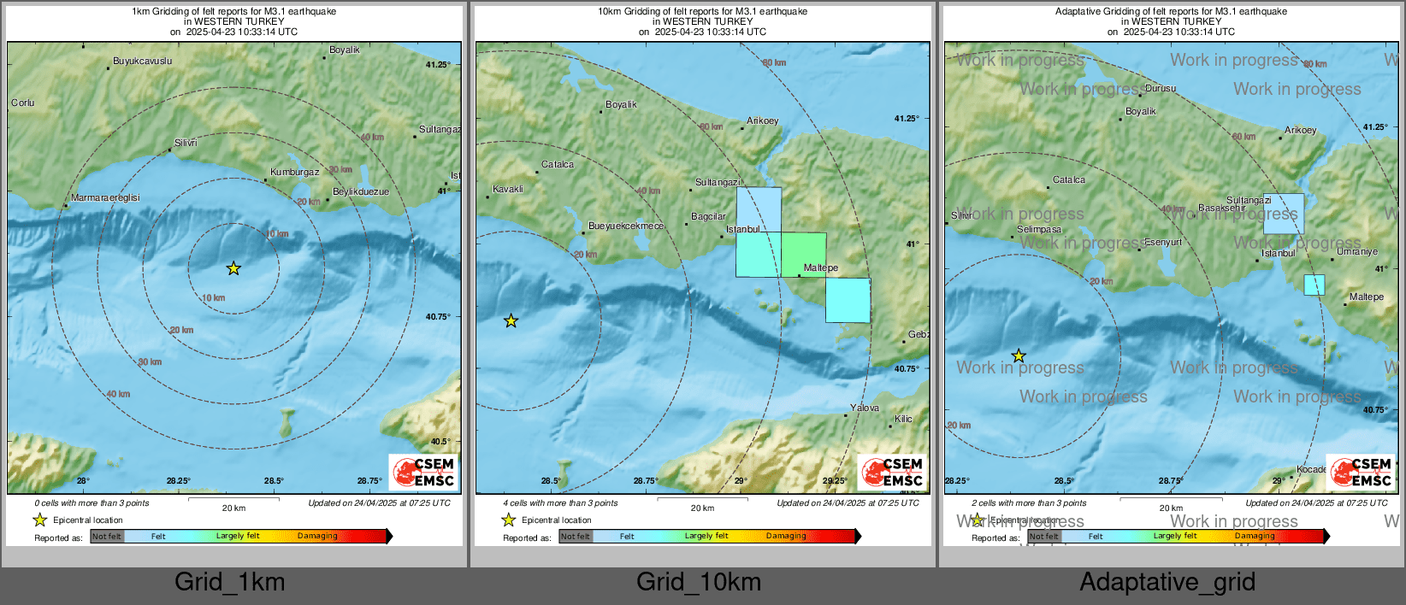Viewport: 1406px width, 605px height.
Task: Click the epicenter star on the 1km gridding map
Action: coord(233,268)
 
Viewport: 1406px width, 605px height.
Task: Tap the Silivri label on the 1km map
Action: coord(186,143)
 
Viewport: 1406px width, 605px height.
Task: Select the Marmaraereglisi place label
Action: coord(105,197)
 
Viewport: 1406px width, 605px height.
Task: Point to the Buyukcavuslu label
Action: coord(143,61)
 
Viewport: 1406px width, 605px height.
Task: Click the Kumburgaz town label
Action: coord(294,172)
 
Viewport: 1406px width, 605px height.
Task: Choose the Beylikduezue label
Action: coord(360,191)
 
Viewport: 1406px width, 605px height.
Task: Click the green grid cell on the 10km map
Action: coord(804,254)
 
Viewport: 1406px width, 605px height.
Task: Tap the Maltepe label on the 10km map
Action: coord(821,267)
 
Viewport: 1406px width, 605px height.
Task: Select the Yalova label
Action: coord(865,408)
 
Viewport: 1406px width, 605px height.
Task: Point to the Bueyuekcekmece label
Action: coord(626,226)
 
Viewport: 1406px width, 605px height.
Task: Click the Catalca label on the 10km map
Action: coord(558,164)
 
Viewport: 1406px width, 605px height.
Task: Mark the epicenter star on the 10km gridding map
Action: coord(511,321)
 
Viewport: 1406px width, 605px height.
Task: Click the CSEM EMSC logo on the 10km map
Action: coord(892,473)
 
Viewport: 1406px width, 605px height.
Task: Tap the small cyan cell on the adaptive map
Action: coord(1314,285)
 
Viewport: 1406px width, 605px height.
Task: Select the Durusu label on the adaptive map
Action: coord(1161,88)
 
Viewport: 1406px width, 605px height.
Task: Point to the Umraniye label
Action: coord(1357,251)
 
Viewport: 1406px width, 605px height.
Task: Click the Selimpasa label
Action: coord(1039,229)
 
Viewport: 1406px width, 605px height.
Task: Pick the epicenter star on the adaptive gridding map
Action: coord(1019,355)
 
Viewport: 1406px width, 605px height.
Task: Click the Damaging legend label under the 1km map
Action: coord(317,536)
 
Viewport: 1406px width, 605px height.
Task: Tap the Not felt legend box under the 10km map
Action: coord(576,537)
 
